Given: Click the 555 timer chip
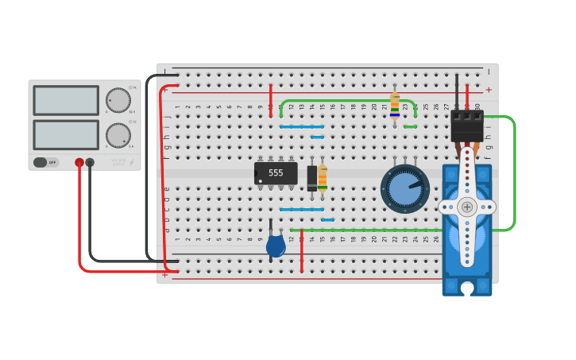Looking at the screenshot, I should pyautogui.click(x=276, y=173).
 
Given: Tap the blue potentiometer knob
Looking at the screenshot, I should pyautogui.click(x=404, y=189).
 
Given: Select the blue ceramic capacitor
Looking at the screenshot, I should pyautogui.click(x=276, y=246).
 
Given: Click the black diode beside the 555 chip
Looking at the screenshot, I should pyautogui.click(x=312, y=177).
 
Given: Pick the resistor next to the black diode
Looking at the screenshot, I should pyautogui.click(x=323, y=177).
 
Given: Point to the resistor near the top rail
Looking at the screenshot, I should pyautogui.click(x=395, y=104).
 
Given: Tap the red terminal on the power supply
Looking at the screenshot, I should pyautogui.click(x=79, y=162).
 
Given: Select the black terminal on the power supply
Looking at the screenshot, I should pyautogui.click(x=90, y=162).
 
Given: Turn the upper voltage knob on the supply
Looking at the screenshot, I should pyautogui.click(x=118, y=100).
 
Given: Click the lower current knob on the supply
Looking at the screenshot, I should pyautogui.click(x=118, y=134).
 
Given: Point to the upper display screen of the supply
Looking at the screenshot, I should pyautogui.click(x=66, y=100).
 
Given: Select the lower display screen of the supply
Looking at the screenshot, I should pyautogui.click(x=66, y=134).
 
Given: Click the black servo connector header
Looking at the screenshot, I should pyautogui.click(x=467, y=125).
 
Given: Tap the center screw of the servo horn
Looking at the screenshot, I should pyautogui.click(x=467, y=207).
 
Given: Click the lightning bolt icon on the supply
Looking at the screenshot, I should pyautogui.click(x=132, y=163).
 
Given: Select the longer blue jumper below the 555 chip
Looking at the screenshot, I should pyautogui.click(x=302, y=210).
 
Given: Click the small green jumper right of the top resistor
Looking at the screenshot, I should pyautogui.click(x=410, y=126).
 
